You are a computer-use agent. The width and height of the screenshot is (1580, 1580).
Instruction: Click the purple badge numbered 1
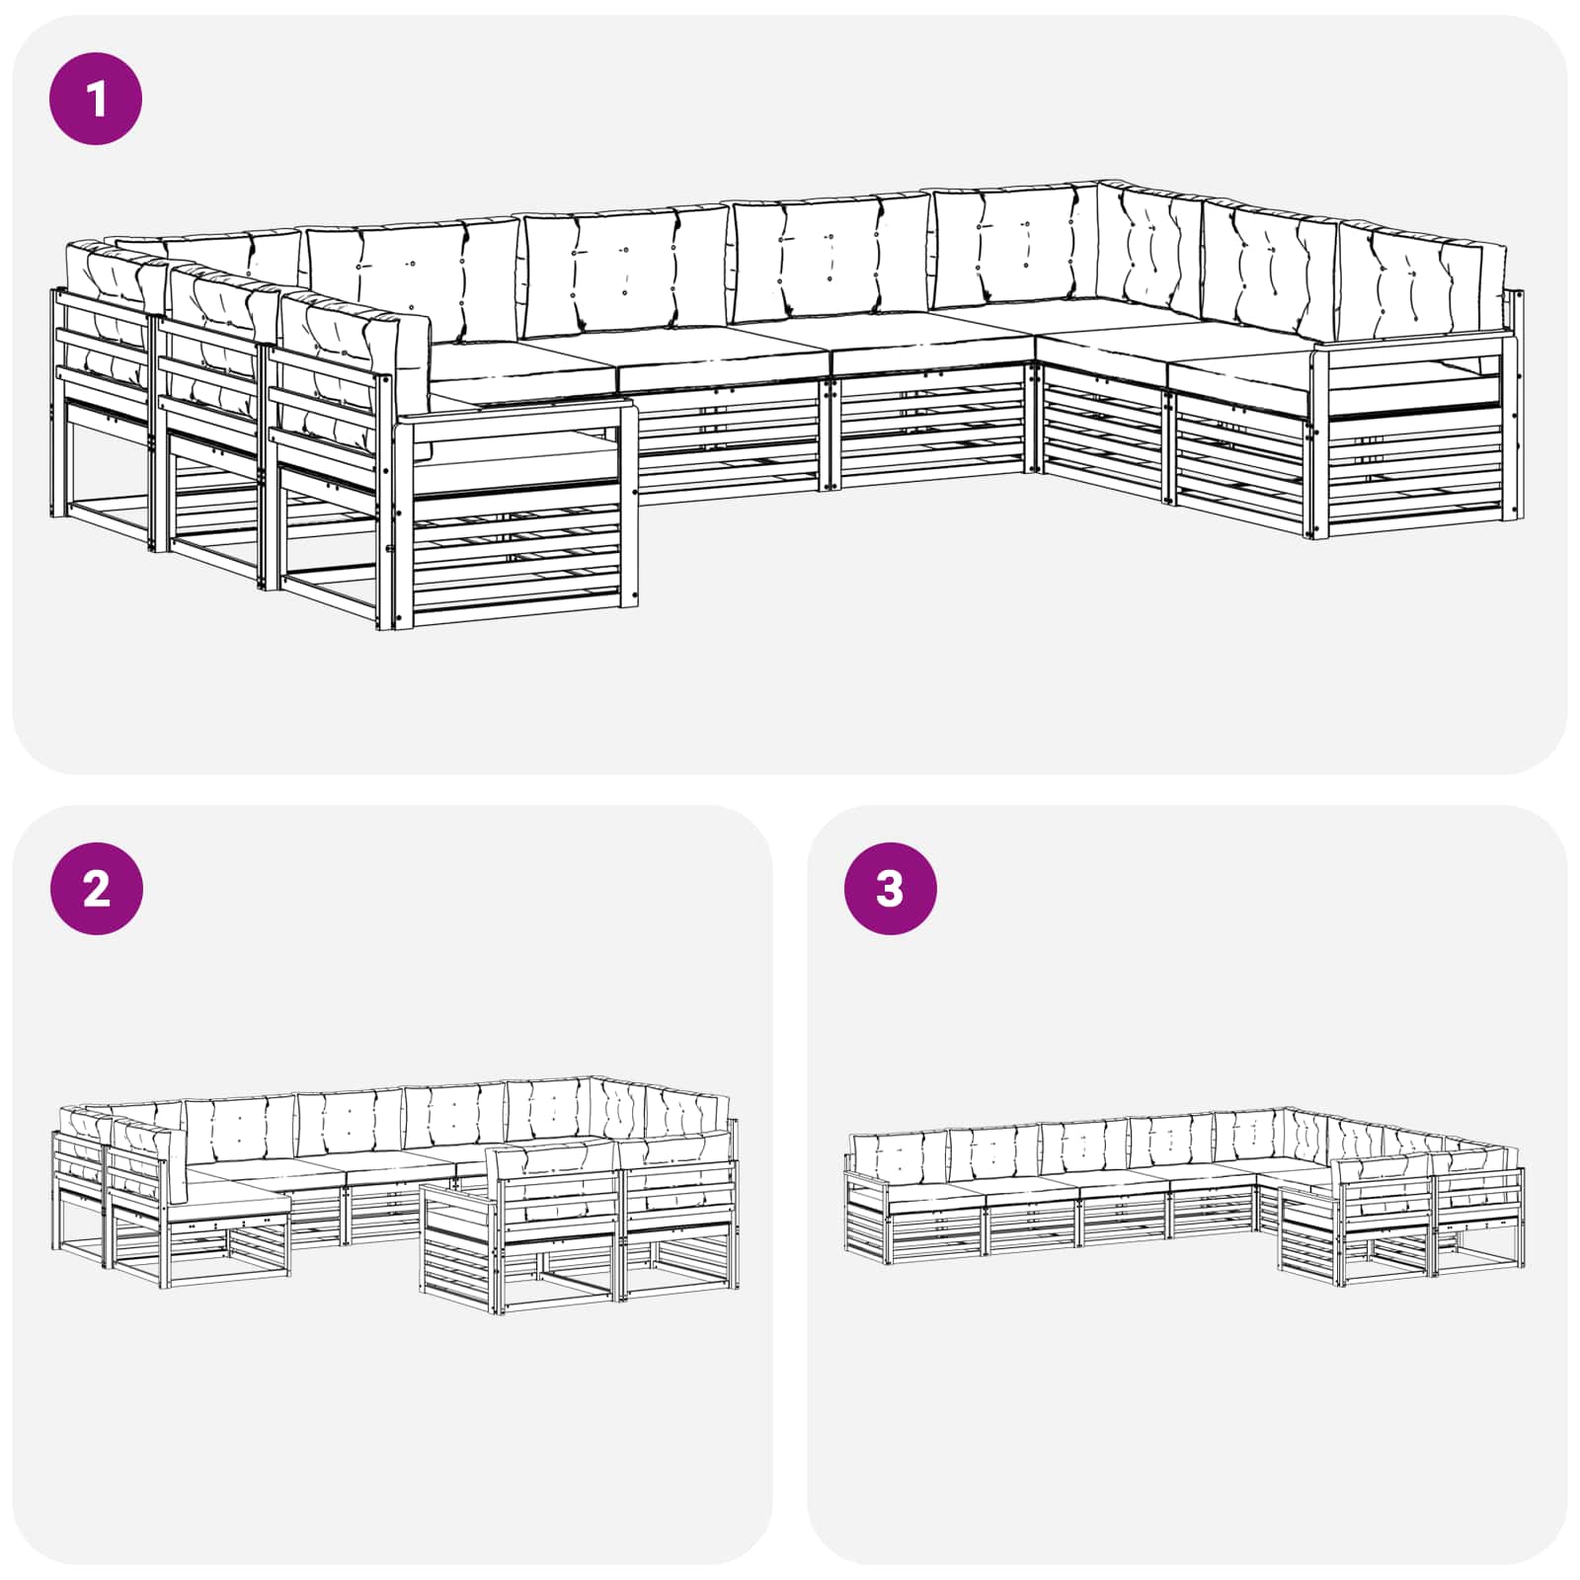coord(96,99)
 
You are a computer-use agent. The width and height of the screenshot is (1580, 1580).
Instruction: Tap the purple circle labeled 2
coord(96,888)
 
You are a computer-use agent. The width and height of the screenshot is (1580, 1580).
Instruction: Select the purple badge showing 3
coord(890,888)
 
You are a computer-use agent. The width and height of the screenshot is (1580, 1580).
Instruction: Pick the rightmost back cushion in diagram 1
coord(1422,281)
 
